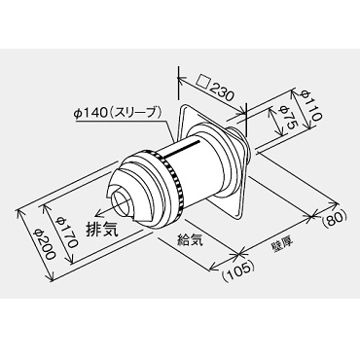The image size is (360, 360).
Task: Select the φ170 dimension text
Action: [66, 232]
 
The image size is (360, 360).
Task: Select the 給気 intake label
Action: [191, 239]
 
